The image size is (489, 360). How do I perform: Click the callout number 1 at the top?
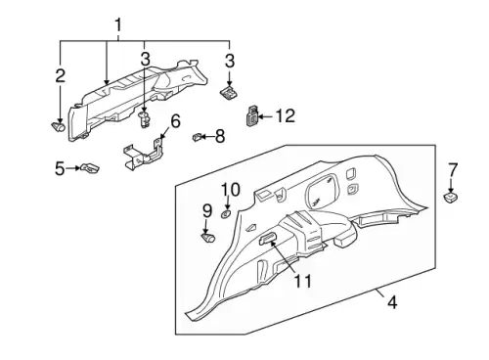118,25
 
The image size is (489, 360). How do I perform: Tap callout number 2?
61,76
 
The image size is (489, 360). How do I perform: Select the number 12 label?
286,116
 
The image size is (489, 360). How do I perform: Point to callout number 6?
175,121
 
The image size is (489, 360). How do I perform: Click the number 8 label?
220,136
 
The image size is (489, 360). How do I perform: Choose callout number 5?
60,168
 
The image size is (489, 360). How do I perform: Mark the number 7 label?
453,170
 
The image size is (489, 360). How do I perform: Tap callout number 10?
231,190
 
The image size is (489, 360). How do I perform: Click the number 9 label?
207,211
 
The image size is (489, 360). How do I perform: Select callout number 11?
303,281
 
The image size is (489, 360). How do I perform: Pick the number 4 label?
392,302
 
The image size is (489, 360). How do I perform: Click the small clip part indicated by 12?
251,115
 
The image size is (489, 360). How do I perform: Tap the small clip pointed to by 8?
196,137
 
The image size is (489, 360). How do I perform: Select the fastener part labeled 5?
90,168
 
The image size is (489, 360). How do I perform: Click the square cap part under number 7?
451,198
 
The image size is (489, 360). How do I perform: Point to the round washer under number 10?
226,214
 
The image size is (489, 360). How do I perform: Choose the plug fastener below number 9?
208,238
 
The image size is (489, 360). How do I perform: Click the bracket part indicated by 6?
143,155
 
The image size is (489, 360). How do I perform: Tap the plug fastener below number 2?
59,126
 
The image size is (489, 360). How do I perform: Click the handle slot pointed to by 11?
266,239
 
